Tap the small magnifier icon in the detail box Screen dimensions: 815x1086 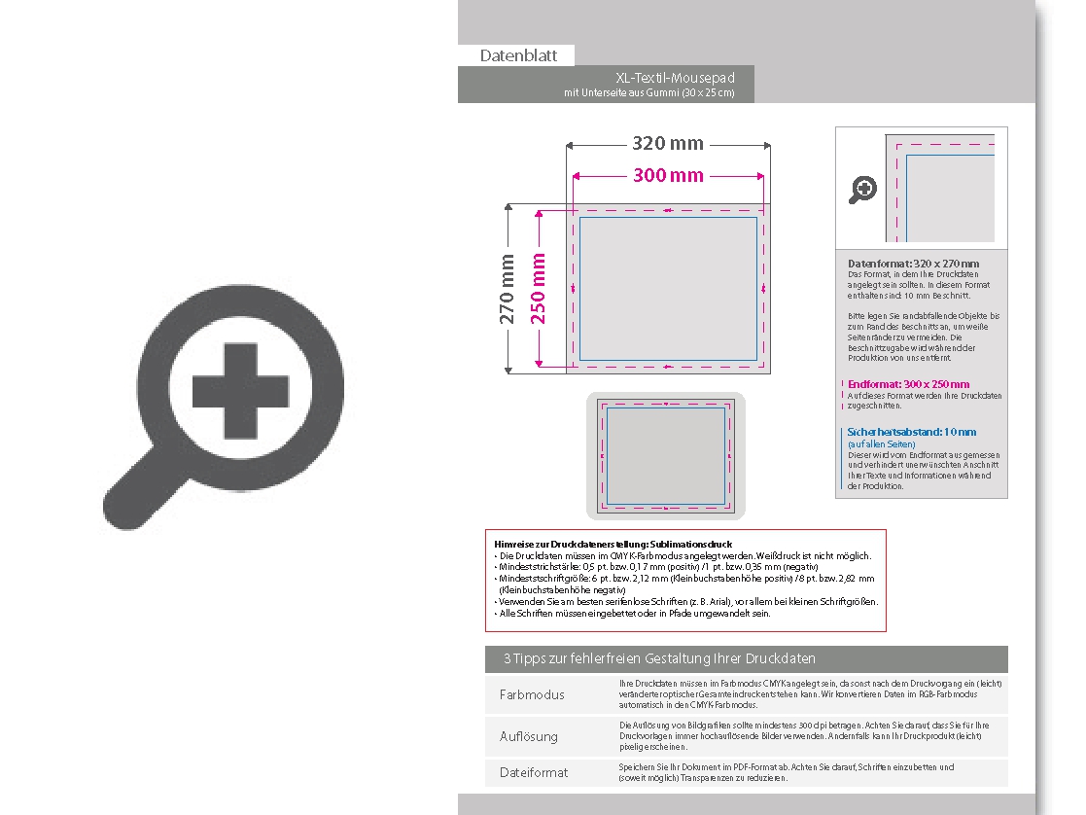point(862,189)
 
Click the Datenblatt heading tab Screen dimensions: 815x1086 point(518,55)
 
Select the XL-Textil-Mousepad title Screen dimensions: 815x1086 point(675,78)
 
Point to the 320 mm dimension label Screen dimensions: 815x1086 point(668,144)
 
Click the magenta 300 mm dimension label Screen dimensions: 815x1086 point(668,175)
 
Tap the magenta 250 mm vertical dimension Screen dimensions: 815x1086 point(538,289)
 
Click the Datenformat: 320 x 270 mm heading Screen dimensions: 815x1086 point(913,264)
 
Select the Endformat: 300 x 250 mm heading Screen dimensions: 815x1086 point(908,384)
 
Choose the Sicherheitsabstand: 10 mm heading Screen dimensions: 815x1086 point(912,432)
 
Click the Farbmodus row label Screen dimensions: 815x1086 point(532,694)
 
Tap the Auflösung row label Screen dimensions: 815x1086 point(529,736)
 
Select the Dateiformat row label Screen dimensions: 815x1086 point(534,772)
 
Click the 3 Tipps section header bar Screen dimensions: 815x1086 point(746,658)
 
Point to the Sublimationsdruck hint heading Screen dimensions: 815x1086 point(613,544)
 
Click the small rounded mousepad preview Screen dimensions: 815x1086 point(666,455)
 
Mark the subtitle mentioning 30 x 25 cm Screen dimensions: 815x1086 point(648,92)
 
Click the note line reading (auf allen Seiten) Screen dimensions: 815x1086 point(875,443)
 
